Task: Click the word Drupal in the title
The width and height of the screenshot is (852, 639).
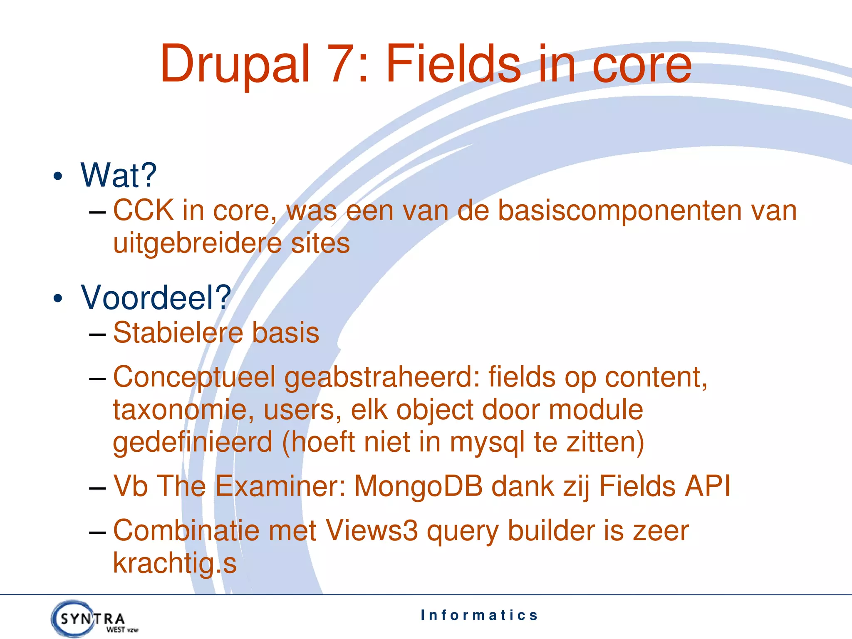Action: click(235, 64)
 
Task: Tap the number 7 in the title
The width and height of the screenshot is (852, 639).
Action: click(340, 64)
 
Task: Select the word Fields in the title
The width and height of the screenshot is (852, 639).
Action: click(453, 64)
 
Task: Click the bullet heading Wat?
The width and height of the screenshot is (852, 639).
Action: click(119, 176)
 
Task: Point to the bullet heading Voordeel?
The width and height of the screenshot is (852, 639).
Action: click(156, 298)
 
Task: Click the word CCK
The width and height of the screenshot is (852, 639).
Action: click(144, 211)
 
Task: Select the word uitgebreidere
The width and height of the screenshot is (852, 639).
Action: click(197, 244)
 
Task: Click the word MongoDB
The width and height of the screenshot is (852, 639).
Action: click(418, 486)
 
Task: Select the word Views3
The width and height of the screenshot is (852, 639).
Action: click(372, 531)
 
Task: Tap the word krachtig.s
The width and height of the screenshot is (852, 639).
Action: click(175, 564)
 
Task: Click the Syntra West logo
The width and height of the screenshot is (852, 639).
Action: click(94, 619)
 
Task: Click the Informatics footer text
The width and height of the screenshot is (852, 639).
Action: click(479, 615)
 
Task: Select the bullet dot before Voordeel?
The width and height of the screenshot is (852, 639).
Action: click(58, 298)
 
